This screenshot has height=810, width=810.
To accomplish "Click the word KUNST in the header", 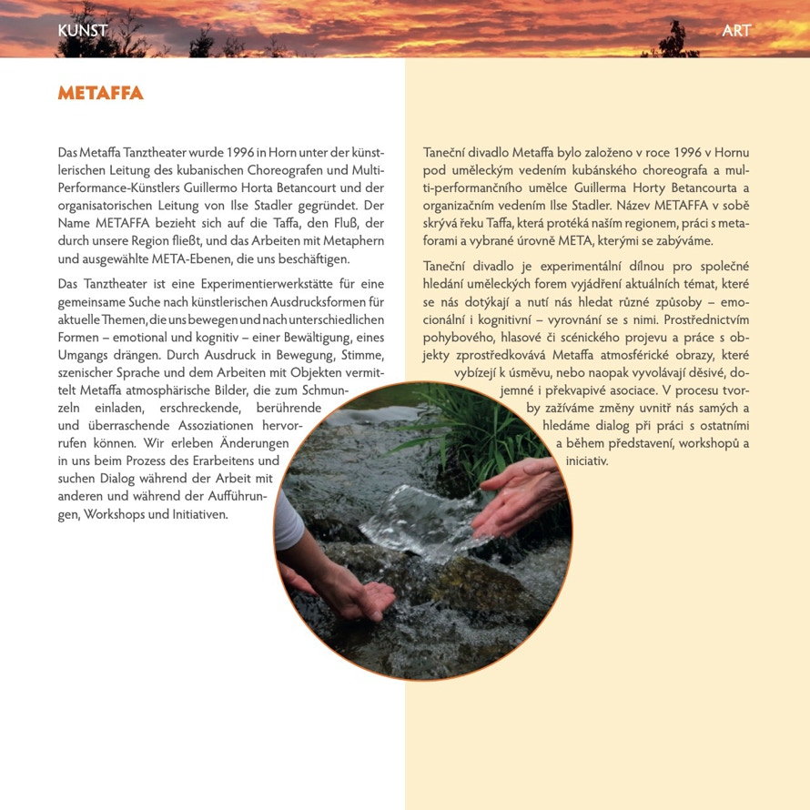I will (x=82, y=31).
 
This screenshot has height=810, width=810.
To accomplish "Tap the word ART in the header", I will (x=736, y=31).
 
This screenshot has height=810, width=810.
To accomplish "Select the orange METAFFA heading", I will (x=100, y=94).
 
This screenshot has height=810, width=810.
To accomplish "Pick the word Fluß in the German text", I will (x=323, y=223).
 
